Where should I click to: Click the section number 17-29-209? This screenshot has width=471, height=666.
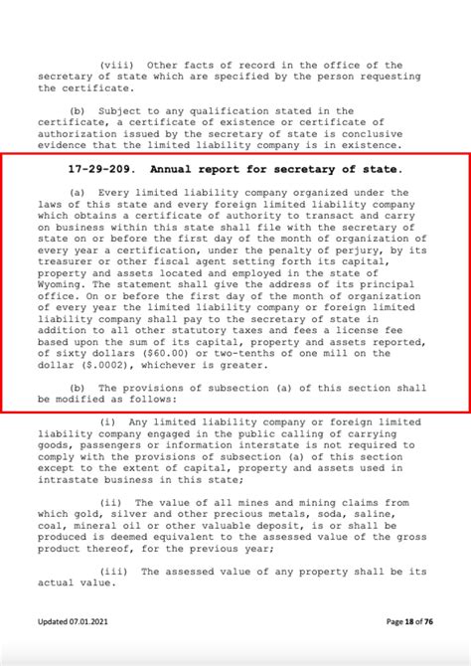coord(99,169)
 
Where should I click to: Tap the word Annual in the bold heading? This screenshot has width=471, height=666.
coord(170,169)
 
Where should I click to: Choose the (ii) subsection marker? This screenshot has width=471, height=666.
coord(113,502)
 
